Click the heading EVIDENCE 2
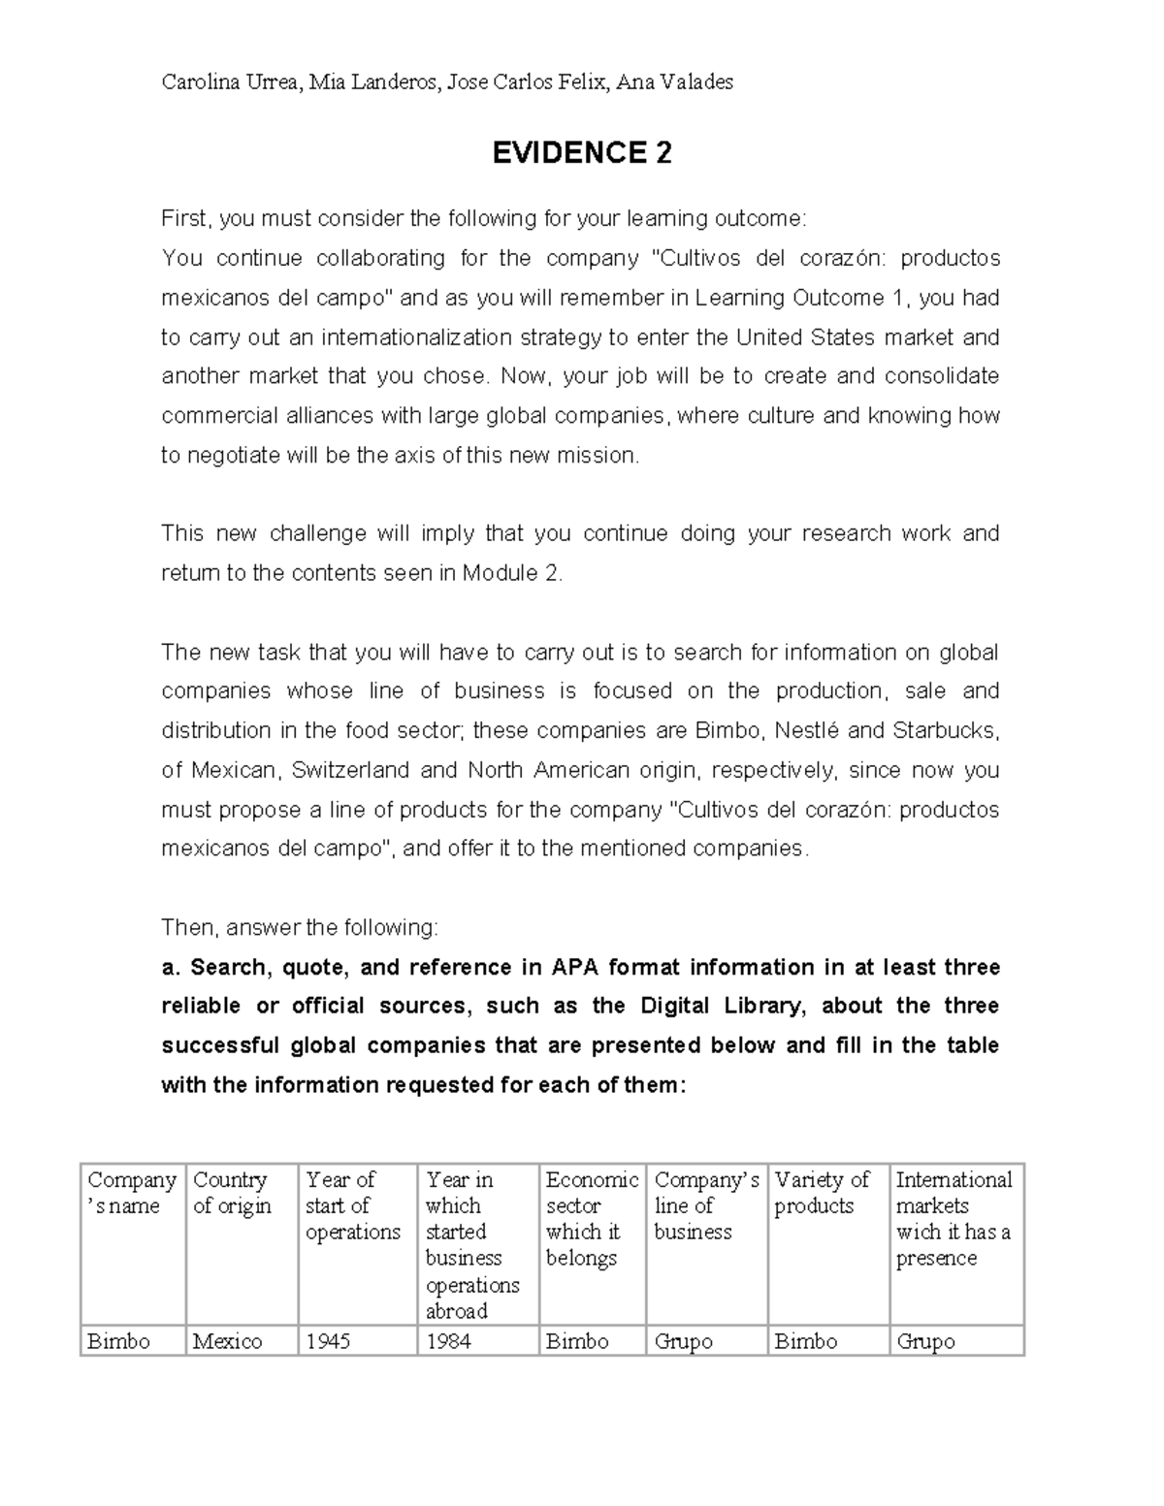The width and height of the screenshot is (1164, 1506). click(x=581, y=153)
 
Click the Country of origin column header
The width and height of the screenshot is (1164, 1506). click(x=232, y=1193)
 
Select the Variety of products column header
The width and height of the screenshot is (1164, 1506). click(x=822, y=1193)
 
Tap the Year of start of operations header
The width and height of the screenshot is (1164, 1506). click(x=352, y=1205)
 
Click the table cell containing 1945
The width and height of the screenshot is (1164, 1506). click(x=328, y=1341)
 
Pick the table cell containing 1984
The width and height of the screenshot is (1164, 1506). click(x=448, y=1341)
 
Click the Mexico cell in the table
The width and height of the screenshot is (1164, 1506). click(x=227, y=1341)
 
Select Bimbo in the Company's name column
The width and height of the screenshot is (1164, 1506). click(x=119, y=1341)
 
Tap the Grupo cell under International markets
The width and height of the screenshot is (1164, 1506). click(x=925, y=1341)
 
